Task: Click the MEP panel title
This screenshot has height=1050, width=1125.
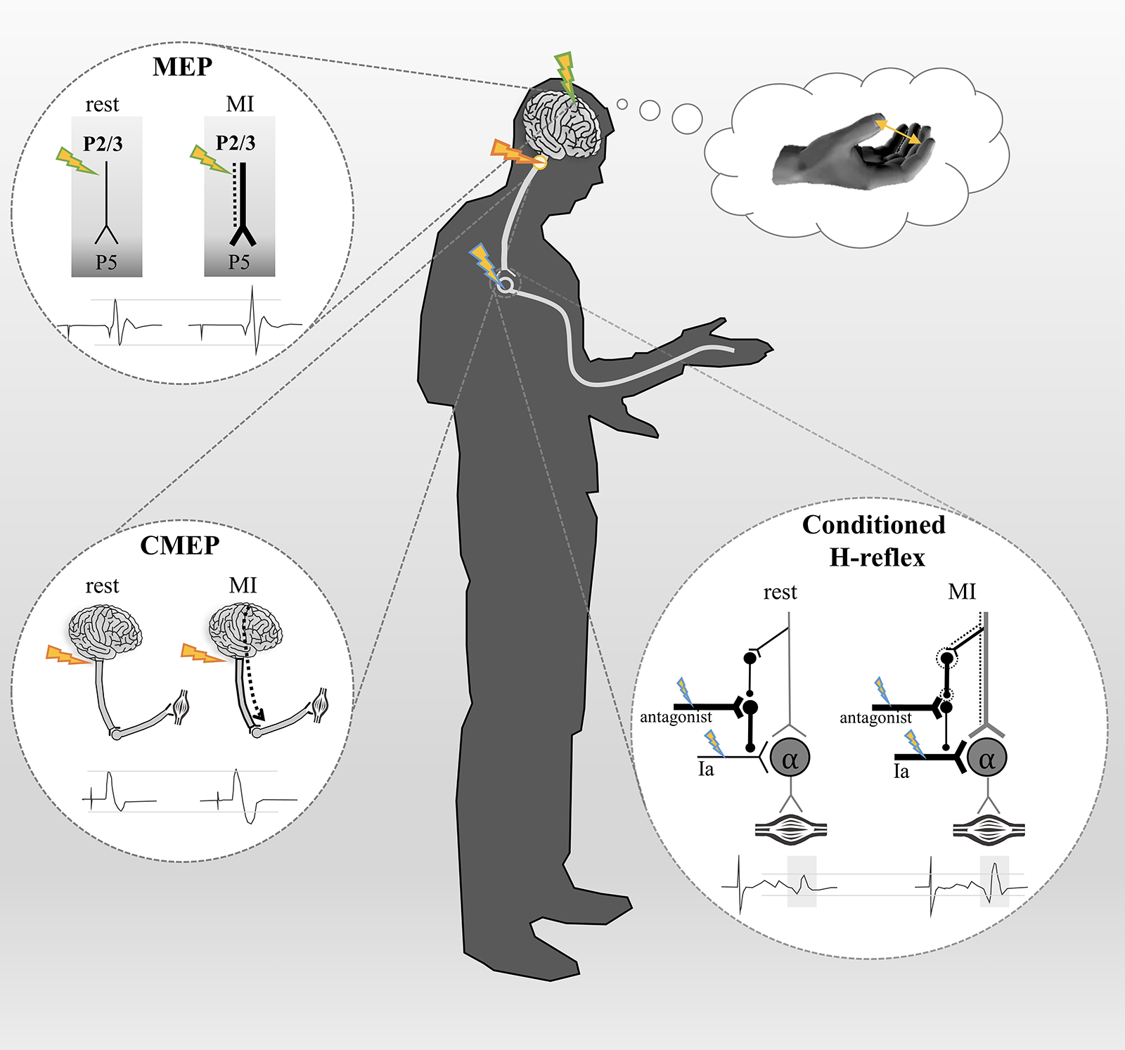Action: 182,67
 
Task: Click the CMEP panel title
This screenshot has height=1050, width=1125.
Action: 179,545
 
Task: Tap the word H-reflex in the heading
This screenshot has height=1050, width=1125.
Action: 877,557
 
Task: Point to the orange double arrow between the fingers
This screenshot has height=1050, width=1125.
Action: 898,131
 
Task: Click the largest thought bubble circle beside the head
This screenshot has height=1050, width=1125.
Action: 687,119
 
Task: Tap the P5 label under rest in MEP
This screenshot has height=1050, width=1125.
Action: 106,262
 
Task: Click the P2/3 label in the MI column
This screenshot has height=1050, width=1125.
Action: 236,143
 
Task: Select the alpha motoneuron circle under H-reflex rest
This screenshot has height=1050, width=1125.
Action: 790,758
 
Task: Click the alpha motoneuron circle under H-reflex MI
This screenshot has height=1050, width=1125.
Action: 986,758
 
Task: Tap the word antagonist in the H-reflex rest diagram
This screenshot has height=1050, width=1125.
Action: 676,718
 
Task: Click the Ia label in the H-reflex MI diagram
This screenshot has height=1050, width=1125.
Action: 901,772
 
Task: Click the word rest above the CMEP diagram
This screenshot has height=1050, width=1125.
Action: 102,586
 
